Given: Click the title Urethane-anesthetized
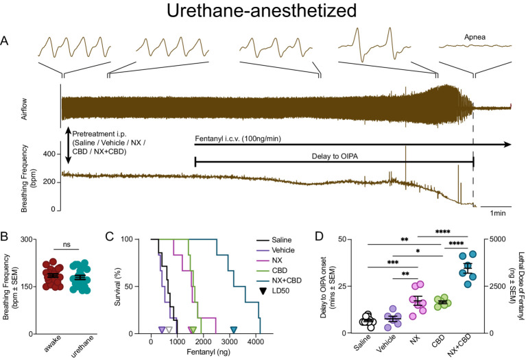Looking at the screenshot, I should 263,14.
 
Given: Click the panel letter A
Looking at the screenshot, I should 5,41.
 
